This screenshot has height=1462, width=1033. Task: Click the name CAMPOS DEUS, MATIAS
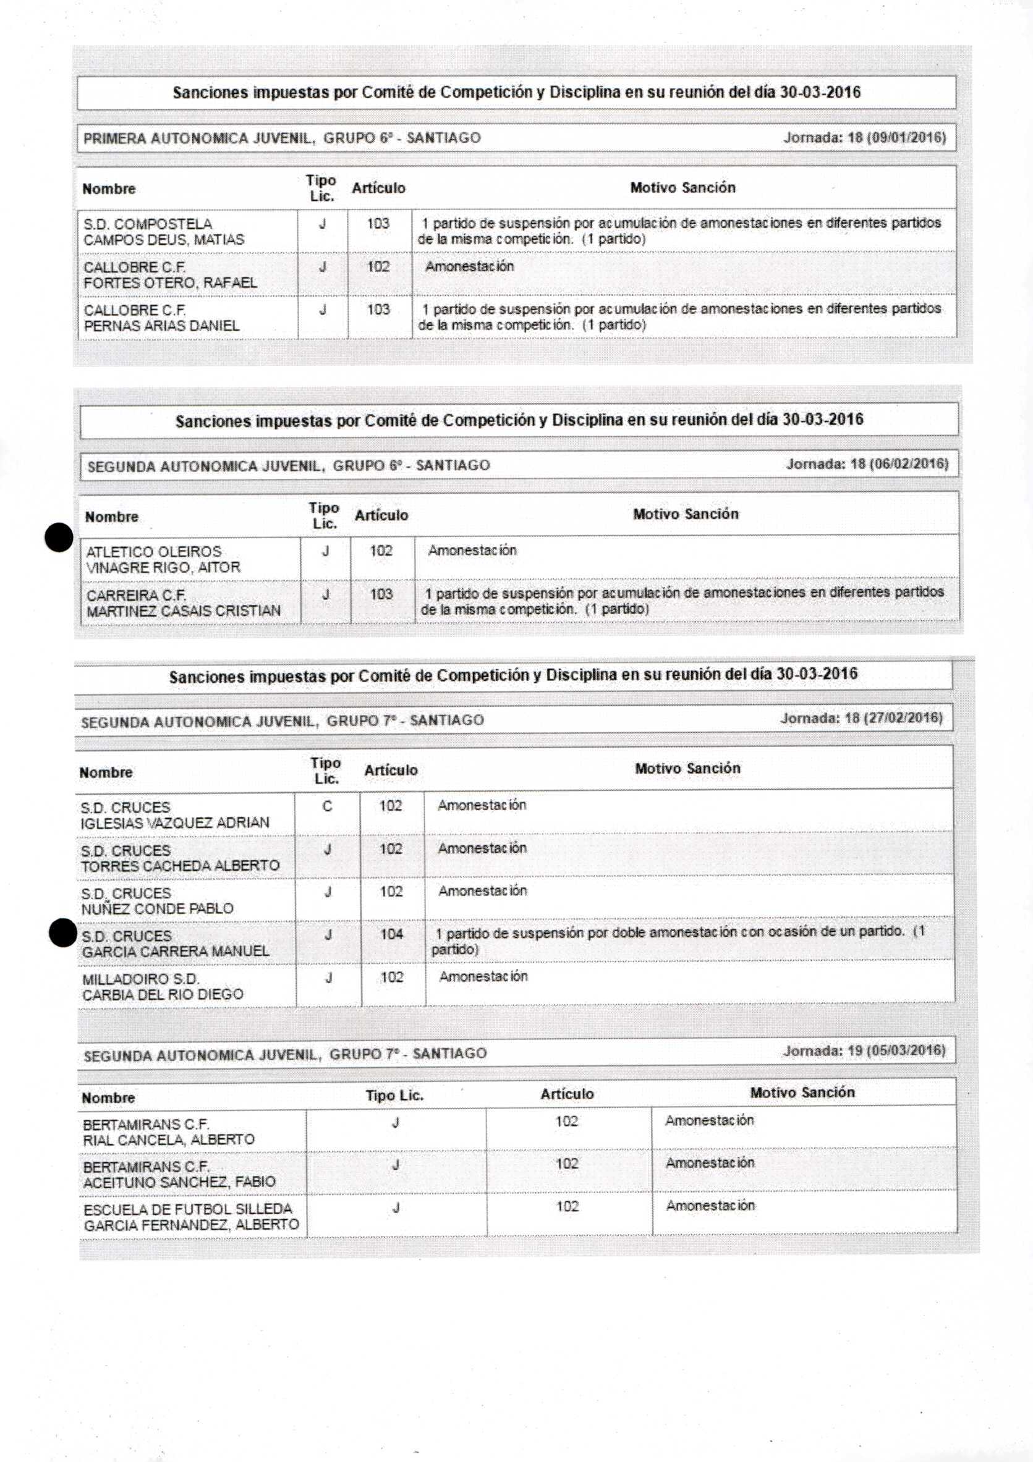point(164,240)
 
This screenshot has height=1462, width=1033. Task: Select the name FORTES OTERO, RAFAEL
point(170,283)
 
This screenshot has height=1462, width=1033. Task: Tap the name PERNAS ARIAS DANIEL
point(161,326)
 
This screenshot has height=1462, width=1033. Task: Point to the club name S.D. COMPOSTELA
point(148,224)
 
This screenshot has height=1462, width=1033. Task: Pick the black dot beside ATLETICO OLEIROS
point(59,538)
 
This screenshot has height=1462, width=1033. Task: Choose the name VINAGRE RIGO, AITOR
point(163,567)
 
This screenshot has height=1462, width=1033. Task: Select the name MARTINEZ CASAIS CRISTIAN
point(184,611)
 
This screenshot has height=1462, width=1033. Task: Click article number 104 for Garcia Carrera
point(392,934)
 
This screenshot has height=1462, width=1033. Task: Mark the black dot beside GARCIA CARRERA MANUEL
point(63,934)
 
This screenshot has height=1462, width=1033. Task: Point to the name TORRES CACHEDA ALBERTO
point(181,866)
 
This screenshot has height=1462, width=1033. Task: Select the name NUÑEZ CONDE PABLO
point(157,909)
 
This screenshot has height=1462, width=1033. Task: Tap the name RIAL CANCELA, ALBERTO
point(169,1139)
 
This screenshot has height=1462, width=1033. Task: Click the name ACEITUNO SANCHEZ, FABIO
point(179,1182)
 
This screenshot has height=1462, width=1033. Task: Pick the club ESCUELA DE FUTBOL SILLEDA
point(188,1209)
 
